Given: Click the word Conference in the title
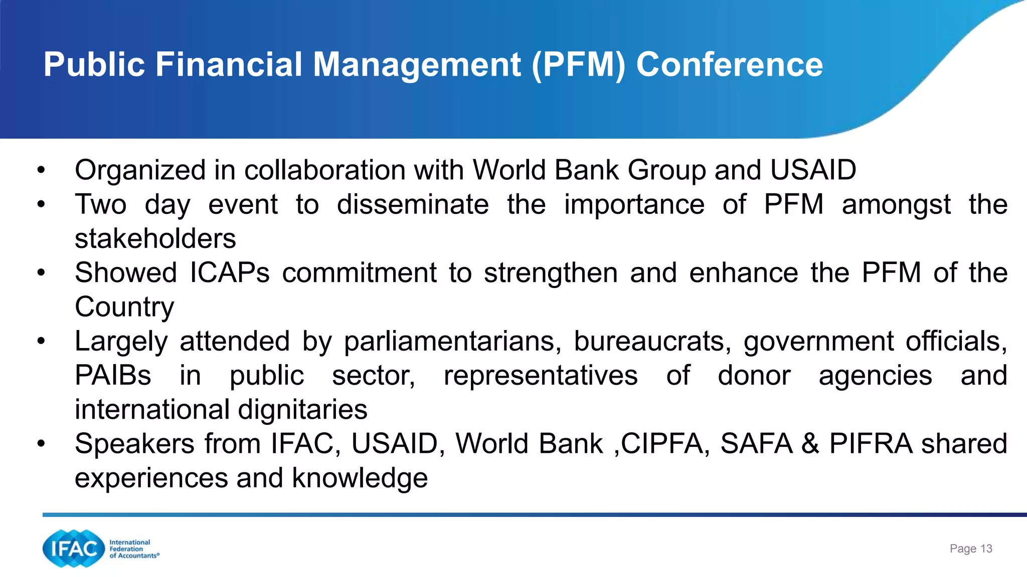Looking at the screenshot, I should point(729,65).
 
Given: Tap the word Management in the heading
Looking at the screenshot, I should point(417,65).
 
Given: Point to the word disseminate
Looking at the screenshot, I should point(413,205).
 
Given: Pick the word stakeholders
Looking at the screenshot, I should point(155,238).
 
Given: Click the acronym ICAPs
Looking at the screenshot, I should point(230,273).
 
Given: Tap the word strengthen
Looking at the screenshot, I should point(551,273).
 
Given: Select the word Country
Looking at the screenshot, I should point(124,307).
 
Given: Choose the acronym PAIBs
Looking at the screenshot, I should point(113,376).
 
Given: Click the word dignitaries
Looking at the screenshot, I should point(302,410).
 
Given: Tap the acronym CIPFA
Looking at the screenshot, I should point(662,444).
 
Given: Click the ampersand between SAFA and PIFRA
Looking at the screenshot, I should point(810,444).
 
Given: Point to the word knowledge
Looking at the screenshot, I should point(360,478).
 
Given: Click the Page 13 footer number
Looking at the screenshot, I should point(971,549).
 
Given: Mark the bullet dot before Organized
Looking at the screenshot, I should point(41,170).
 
